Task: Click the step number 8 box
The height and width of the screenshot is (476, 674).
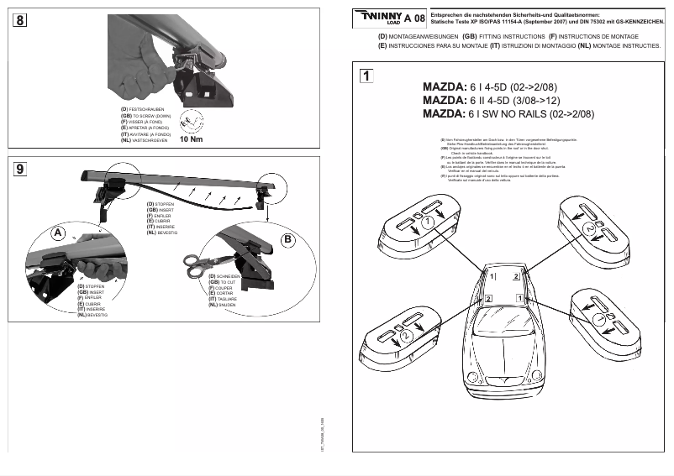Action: [18, 21]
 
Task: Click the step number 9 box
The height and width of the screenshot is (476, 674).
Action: [18, 170]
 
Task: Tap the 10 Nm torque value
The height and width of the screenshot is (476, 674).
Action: [192, 139]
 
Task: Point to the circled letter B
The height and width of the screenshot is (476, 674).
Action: [287, 239]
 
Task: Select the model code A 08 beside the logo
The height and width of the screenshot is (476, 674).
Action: [413, 18]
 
